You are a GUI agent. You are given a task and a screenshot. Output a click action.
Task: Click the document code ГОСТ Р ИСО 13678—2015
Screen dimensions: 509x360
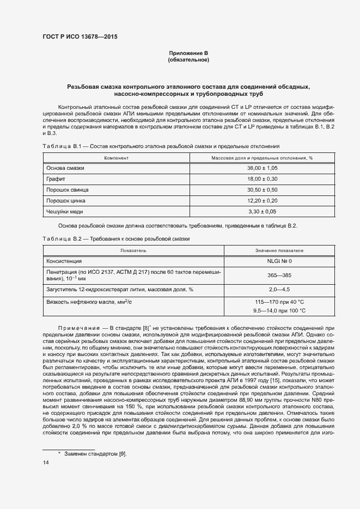point(80,37)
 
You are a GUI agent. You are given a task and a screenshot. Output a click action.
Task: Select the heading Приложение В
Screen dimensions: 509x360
point(188,53)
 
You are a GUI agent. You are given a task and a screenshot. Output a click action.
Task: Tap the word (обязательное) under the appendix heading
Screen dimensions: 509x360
point(188,60)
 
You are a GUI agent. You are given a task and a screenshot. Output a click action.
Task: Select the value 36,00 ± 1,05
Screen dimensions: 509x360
point(263,168)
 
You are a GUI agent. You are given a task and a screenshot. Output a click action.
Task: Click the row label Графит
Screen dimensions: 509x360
point(56,179)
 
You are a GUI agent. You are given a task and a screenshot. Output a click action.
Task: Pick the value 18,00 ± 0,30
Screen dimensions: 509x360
point(263,179)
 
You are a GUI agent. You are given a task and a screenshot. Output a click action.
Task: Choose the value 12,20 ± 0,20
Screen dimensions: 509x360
point(263,200)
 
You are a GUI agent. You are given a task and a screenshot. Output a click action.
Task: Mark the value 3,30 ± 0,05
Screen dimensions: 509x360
point(263,211)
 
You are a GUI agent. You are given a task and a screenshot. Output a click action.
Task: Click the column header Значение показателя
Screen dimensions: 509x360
point(279,250)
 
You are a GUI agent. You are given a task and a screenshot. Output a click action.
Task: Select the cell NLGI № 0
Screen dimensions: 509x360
point(279,261)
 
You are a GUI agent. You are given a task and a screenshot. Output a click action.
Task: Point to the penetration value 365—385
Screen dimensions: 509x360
point(279,275)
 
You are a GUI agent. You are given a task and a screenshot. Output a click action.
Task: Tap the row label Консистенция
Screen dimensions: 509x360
point(64,261)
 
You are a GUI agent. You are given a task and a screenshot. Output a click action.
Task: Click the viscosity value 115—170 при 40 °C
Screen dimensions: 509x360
point(279,301)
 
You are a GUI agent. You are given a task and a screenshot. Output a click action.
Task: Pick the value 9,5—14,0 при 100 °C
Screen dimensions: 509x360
point(279,310)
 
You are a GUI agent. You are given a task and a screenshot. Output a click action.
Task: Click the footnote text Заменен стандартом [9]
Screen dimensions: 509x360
point(95,454)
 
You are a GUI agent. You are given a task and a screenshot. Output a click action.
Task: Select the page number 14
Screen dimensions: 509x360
point(45,463)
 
